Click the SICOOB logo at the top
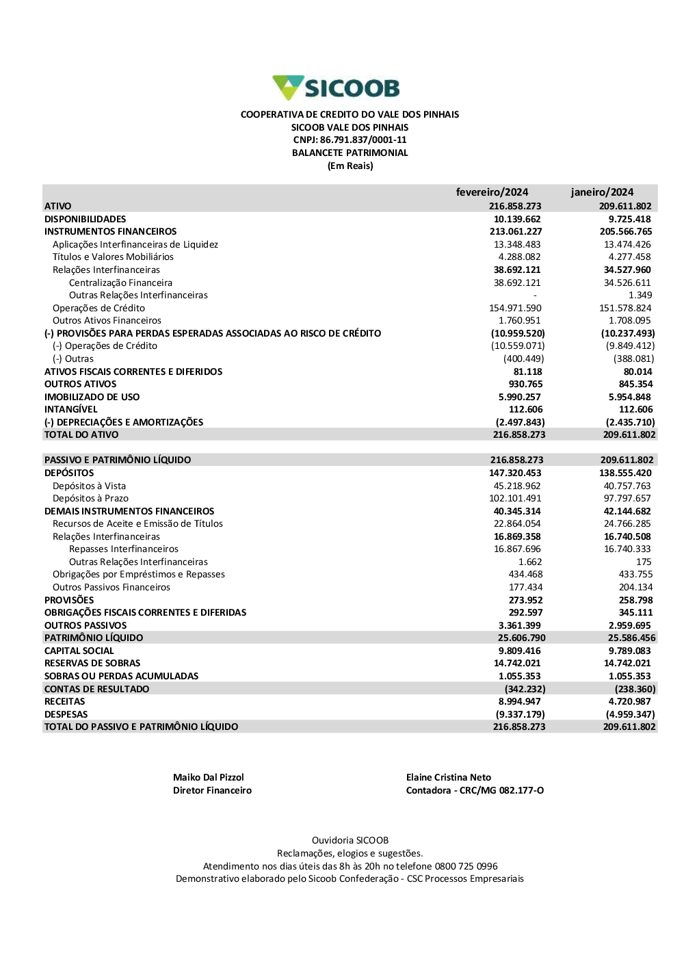[336, 88]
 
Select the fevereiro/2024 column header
[492, 192]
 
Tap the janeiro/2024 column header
[602, 192]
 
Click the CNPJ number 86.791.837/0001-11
[363, 140]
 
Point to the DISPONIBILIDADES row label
[85, 219]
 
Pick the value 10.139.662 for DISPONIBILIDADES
[517, 219]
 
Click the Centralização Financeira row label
[120, 283]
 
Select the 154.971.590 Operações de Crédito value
[515, 308]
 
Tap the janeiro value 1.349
[640, 295]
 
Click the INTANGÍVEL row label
[71, 409]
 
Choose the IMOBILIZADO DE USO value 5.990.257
[520, 397]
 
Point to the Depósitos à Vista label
[89, 486]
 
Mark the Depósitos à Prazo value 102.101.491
[515, 498]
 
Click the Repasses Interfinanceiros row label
[124, 549]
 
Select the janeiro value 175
[644, 562]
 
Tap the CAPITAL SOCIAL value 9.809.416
[520, 651]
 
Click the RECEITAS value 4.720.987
[631, 701]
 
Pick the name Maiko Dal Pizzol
[209, 777]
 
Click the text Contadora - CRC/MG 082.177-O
[475, 790]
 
